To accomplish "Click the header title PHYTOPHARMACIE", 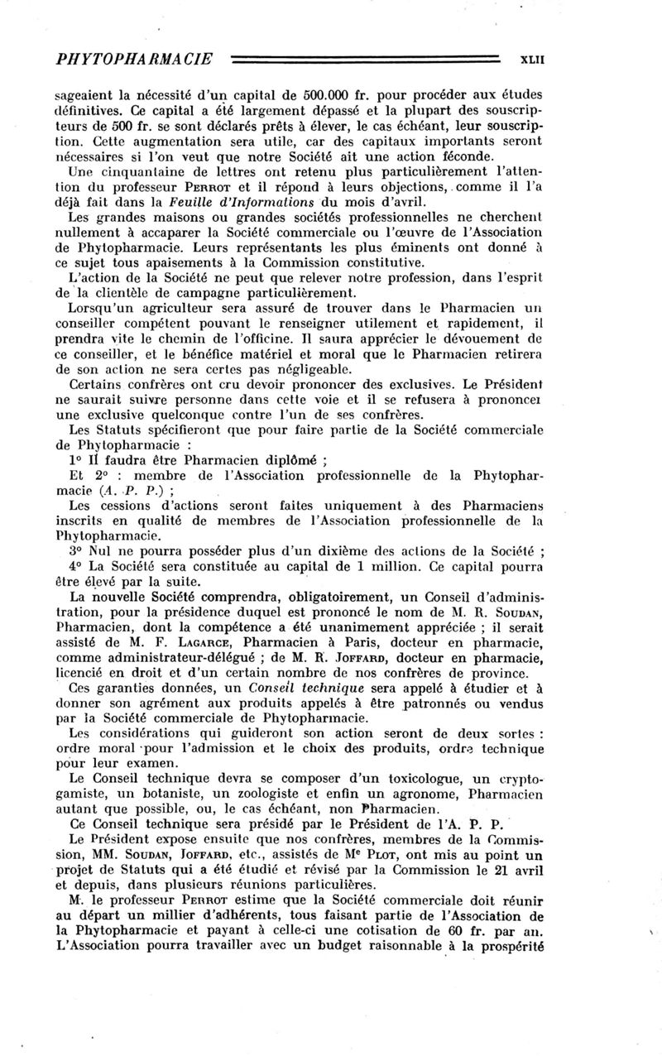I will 132,59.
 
